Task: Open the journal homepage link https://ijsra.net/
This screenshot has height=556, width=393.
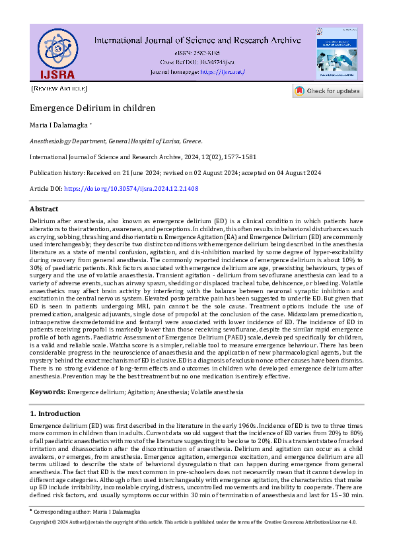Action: pyautogui.click(x=223, y=71)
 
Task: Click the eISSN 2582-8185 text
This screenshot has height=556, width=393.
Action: pyautogui.click(x=197, y=52)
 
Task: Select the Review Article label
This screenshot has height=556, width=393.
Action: pyautogui.click(x=59, y=88)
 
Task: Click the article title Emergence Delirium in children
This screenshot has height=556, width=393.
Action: pyautogui.click(x=92, y=108)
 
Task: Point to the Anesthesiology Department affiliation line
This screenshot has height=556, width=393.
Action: pyautogui.click(x=116, y=141)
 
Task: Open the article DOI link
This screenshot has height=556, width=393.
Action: pyautogui.click(x=131, y=189)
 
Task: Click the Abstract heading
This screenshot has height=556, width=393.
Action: pyautogui.click(x=44, y=209)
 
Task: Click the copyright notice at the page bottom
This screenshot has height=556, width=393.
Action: pyautogui.click(x=194, y=522)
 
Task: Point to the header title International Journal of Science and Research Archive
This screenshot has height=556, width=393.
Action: pyautogui.click(x=197, y=40)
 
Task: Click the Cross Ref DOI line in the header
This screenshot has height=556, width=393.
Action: pyautogui.click(x=197, y=61)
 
